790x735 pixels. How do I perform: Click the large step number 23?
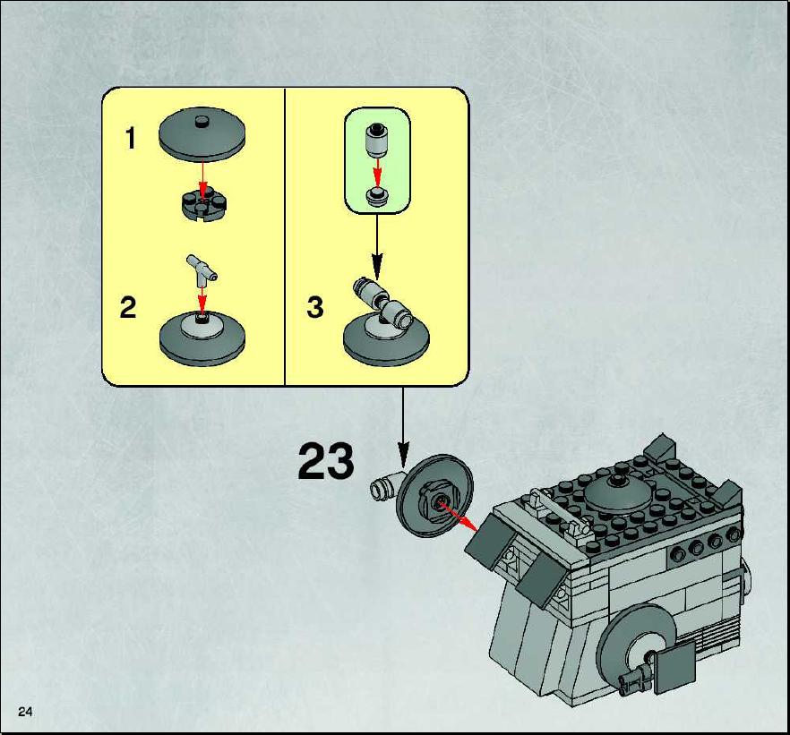tap(326, 461)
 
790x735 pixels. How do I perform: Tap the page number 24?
tap(25, 712)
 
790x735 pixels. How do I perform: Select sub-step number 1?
tap(131, 139)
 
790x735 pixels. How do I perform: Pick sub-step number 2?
tap(128, 307)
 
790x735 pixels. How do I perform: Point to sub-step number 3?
tap(315, 307)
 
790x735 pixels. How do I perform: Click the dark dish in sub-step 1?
tap(202, 134)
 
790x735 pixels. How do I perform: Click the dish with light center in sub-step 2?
tap(202, 338)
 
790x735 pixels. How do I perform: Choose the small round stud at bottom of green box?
tap(377, 195)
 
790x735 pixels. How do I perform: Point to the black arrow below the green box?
tap(377, 247)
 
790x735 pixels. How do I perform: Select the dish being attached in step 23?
tap(434, 496)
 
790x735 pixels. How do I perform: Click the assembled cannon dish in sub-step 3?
tap(386, 322)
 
